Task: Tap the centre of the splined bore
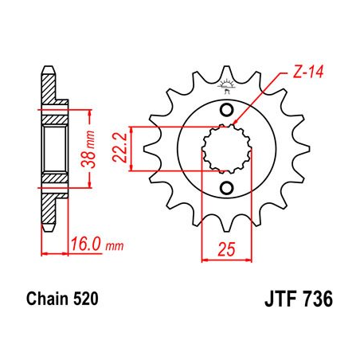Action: pos(225,148)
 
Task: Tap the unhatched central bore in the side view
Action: pos(53,148)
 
